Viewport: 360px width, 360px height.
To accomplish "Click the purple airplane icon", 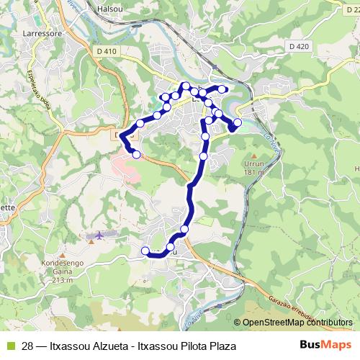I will pyautogui.click(x=99, y=236).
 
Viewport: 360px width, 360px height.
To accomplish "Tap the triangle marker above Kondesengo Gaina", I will pyautogui.click(x=65, y=254).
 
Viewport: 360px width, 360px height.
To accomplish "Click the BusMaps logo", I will pyautogui.click(x=328, y=346).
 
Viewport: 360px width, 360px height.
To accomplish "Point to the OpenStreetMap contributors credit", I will pyautogui.click(x=297, y=323).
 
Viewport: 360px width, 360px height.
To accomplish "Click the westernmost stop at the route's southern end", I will pyautogui.click(x=145, y=251).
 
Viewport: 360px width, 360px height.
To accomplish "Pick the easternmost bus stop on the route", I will pyautogui.click(x=238, y=122).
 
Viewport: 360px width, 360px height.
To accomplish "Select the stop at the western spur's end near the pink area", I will pyautogui.click(x=136, y=153).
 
